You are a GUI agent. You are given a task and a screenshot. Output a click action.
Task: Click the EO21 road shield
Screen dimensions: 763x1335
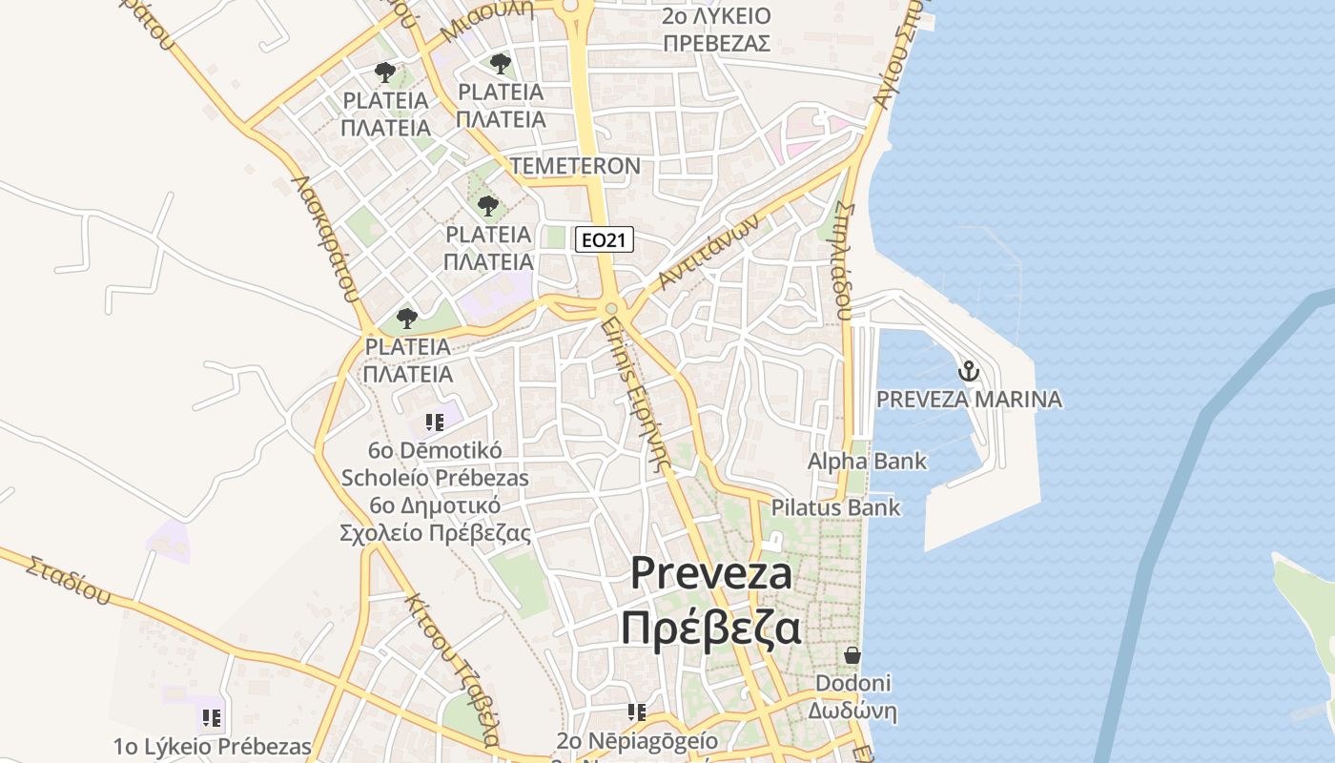(x=605, y=239)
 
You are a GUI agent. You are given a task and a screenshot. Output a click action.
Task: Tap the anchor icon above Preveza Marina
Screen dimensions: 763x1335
(x=969, y=371)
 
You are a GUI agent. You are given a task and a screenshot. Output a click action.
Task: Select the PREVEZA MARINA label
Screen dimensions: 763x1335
(x=969, y=399)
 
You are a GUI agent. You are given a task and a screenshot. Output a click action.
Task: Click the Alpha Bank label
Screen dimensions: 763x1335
(x=867, y=462)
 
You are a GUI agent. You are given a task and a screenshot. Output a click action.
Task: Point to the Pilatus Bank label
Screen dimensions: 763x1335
(x=835, y=507)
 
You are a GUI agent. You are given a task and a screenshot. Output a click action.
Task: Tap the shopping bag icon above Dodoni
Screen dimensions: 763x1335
(x=852, y=655)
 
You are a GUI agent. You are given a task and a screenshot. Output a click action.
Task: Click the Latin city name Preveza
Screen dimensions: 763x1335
(x=711, y=573)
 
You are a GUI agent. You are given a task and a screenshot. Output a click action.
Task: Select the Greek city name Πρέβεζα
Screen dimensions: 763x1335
(x=711, y=629)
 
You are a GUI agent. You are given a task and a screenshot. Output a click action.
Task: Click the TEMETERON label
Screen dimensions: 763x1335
(x=575, y=166)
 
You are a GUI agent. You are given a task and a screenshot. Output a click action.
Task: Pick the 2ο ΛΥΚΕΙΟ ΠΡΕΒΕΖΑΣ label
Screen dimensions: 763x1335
(x=717, y=30)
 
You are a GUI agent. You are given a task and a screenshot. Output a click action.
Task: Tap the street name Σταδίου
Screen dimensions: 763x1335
(x=68, y=580)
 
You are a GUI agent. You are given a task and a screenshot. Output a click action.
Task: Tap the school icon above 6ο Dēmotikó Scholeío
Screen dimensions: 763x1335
(x=435, y=422)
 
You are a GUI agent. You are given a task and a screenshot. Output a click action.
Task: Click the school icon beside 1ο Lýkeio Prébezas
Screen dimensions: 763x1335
(x=212, y=717)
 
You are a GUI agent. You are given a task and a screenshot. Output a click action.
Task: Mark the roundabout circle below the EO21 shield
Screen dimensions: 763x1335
(x=611, y=308)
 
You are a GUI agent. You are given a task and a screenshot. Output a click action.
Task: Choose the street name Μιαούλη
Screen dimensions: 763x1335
(x=486, y=22)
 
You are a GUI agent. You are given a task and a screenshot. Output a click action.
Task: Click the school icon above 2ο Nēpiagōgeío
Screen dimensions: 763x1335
(x=637, y=711)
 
